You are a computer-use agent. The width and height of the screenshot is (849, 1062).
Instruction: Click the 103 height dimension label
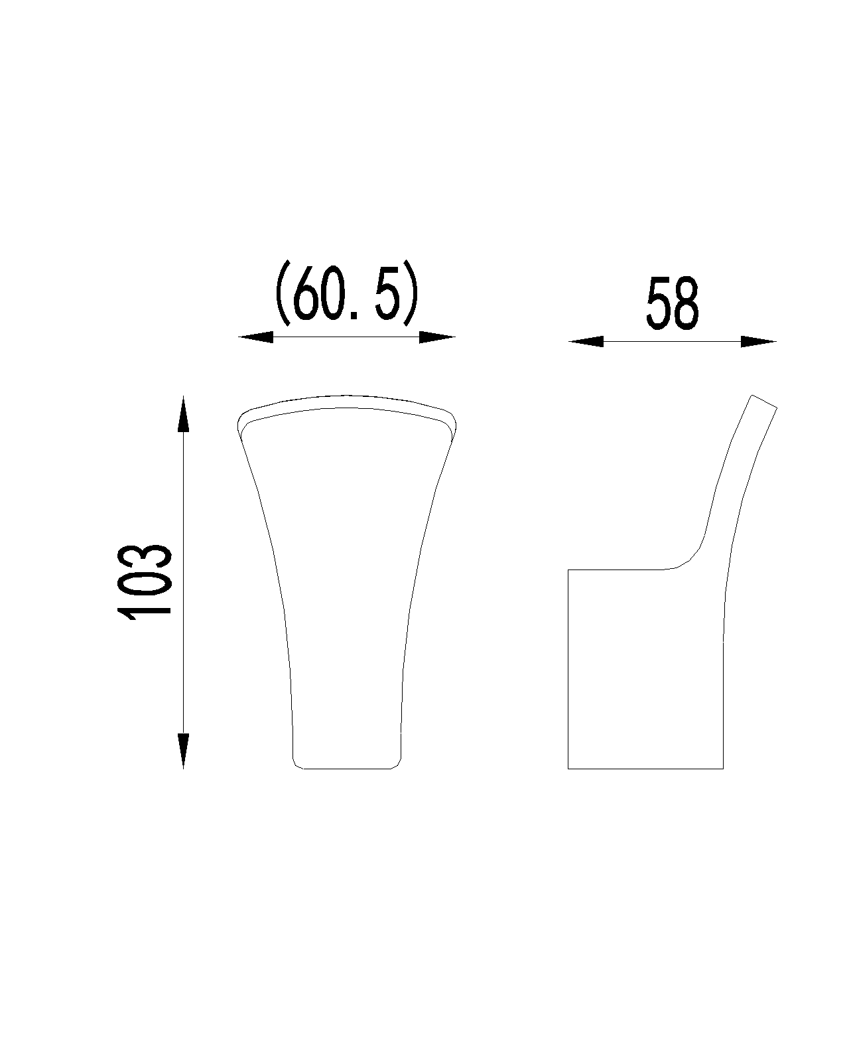[x=144, y=582]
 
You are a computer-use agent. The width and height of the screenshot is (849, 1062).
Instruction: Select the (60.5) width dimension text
[x=347, y=293]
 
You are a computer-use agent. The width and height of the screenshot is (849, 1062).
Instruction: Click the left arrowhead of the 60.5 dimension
[x=255, y=337]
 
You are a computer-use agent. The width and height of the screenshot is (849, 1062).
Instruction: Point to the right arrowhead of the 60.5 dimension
[x=437, y=337]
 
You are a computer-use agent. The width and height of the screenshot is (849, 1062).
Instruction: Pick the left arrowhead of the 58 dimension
[x=586, y=341]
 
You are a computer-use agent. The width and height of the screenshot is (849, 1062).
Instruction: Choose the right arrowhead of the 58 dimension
[x=759, y=341]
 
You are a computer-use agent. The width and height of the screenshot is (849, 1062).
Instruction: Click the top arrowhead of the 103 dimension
[x=183, y=413]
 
